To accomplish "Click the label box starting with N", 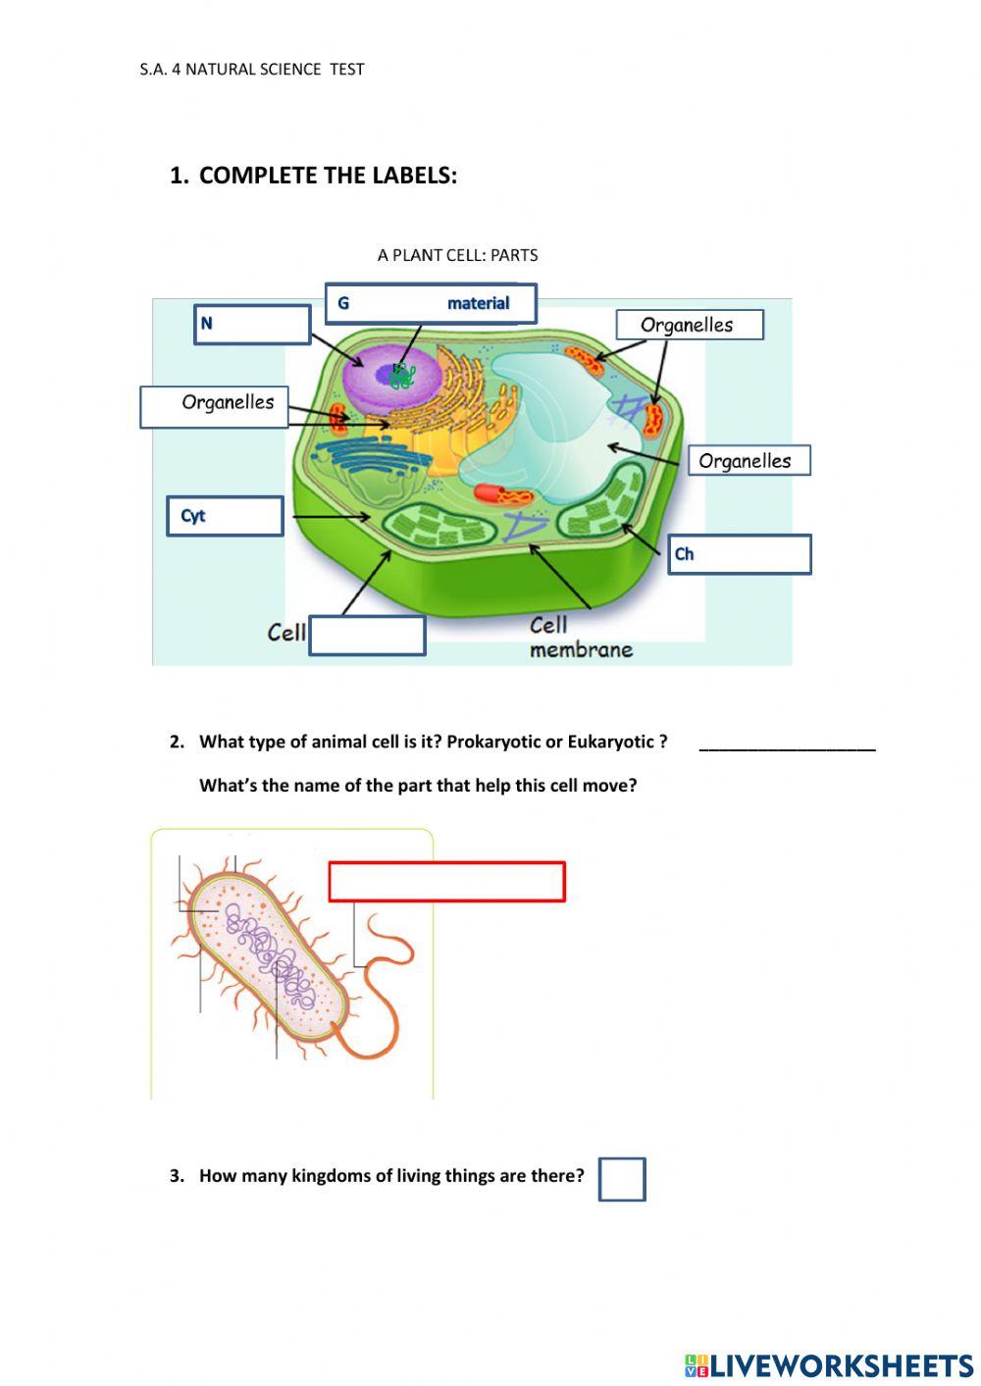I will pos(252,325).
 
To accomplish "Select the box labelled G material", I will pos(431,304).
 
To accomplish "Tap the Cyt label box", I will pos(225,516).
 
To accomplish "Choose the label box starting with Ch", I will pos(740,554).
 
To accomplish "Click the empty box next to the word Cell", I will pos(367,636).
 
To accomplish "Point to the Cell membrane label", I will pos(580,638).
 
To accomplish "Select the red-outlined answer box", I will pos(446,882).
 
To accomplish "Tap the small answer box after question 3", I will pos(622,1179).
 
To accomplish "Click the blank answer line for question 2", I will pos(787,744).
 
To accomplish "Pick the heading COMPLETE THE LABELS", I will pos(328,176).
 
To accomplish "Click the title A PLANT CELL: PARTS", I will pos(457,255).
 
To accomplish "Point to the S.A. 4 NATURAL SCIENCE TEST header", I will pos(252,70).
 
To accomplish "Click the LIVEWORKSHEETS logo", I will pos(828,1364).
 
